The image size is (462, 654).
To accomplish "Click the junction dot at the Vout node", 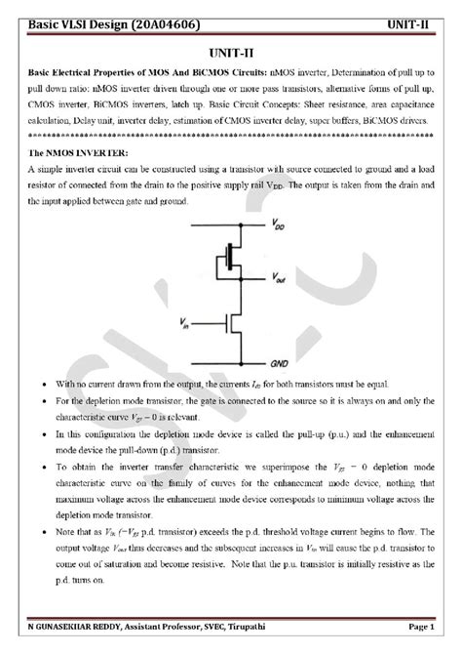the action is point(233,280).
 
